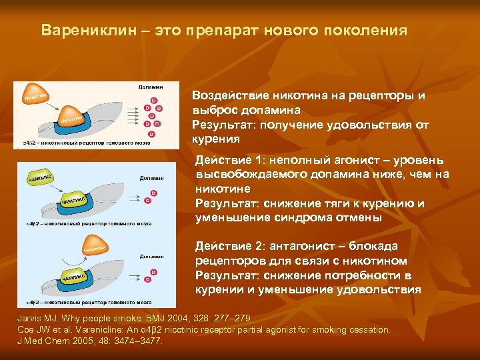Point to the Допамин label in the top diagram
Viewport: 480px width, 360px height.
coord(151,87)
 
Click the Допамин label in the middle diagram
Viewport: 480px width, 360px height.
coord(152,178)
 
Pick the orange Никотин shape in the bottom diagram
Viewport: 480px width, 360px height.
coord(94,248)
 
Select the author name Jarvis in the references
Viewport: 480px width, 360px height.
coord(31,319)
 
